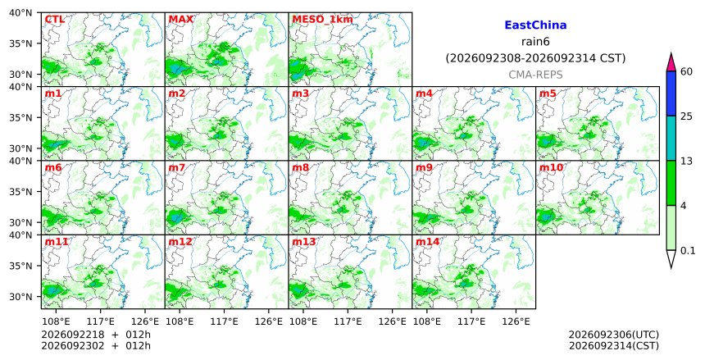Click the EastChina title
click(535, 25)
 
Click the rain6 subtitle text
click(535, 42)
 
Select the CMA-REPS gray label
click(535, 75)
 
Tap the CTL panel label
click(54, 20)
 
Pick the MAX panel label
click(180, 20)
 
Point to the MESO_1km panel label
click(322, 20)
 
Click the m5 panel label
click(548, 93)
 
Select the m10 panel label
click(551, 168)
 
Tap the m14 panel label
click(427, 242)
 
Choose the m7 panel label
click(177, 168)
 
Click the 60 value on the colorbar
click(686, 72)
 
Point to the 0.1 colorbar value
click(688, 251)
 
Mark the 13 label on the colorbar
click(686, 161)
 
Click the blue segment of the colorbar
click(671, 93)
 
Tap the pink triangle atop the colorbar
click(671, 62)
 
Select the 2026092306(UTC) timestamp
click(614, 335)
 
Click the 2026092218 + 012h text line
click(96, 335)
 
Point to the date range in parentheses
click(535, 58)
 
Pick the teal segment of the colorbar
click(671, 138)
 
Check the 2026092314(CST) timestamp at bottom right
click(614, 346)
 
